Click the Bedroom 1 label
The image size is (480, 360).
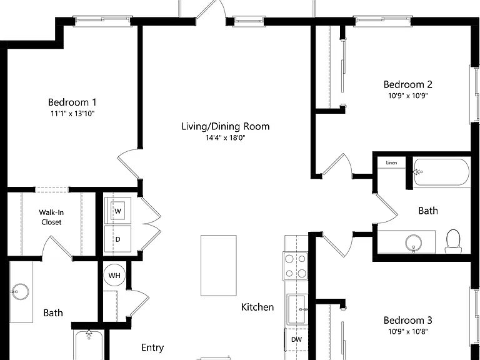(x=72, y=102)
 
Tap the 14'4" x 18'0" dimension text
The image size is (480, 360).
(x=225, y=137)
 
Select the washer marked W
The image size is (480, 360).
(x=118, y=211)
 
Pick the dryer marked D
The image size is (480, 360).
(x=118, y=239)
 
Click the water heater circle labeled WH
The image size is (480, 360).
(x=114, y=276)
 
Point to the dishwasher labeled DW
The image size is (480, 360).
(x=296, y=339)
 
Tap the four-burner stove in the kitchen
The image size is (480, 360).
(x=296, y=266)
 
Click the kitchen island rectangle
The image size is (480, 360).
(x=219, y=266)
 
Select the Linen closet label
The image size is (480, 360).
(x=391, y=162)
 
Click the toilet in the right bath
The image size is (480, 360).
(x=453, y=241)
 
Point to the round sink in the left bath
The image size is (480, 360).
(x=21, y=292)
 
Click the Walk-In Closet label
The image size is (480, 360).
(x=51, y=217)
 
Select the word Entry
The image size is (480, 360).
(x=152, y=347)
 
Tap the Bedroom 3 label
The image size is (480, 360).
(x=407, y=320)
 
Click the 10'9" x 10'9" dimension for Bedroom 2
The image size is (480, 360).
(x=407, y=96)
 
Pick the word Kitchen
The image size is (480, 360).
(x=257, y=307)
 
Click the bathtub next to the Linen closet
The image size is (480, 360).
(x=442, y=172)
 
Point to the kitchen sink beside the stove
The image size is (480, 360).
(x=297, y=309)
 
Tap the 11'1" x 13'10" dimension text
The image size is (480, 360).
(x=72, y=114)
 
